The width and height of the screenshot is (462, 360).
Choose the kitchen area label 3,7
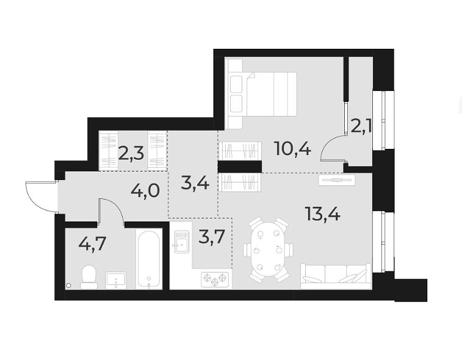point(212,235)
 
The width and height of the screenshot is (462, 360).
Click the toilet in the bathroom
point(88,277)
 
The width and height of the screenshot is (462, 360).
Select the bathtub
point(148,259)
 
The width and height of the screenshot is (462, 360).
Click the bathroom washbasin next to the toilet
point(116,280)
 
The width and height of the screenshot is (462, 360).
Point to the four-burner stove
point(215,279)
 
